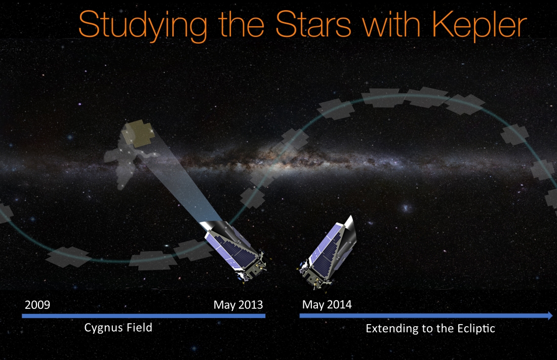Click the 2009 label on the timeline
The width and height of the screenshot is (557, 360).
(x=37, y=305)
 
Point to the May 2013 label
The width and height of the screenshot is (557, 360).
(x=238, y=305)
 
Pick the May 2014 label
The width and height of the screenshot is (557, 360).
(x=327, y=305)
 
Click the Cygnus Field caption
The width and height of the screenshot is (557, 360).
(x=118, y=328)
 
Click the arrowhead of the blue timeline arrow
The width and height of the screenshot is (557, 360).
(x=550, y=315)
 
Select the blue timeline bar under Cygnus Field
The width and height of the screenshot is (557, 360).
(x=143, y=315)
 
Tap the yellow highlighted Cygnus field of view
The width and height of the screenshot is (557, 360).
(x=138, y=133)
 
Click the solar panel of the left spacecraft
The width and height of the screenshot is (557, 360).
(x=231, y=251)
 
